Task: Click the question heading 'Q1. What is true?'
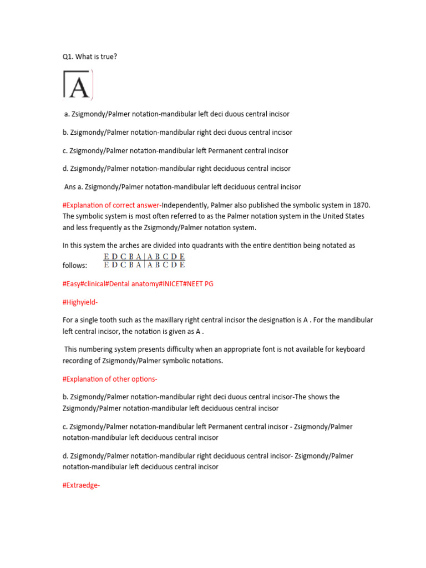(x=89, y=57)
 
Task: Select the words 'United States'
(x=343, y=216)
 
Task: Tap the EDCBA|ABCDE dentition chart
(x=144, y=261)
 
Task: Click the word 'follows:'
(x=75, y=266)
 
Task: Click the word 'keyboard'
(x=351, y=349)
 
